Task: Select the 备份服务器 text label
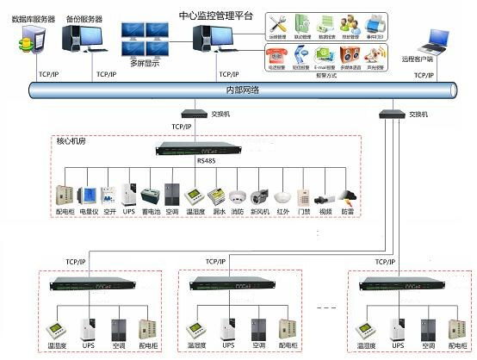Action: (84, 18)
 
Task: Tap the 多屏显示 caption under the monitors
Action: (146, 63)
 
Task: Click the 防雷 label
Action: (347, 212)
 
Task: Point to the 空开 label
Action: (108, 212)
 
